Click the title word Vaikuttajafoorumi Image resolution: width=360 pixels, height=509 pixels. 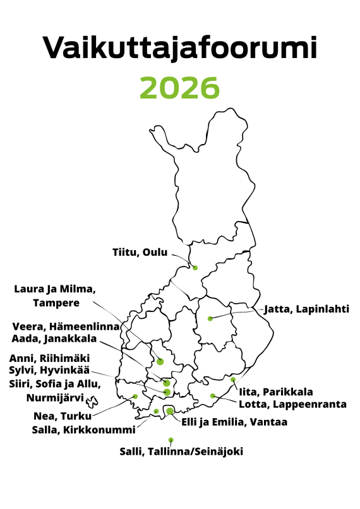tap(180, 48)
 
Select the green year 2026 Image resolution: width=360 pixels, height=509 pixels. tap(180, 88)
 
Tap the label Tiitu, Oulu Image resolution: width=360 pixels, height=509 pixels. tap(140, 253)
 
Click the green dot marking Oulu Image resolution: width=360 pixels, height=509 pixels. tap(195, 268)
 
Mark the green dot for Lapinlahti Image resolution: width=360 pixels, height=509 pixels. tap(210, 318)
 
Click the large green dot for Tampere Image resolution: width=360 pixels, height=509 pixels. tap(160, 361)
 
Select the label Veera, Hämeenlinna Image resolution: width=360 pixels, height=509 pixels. tap(66, 326)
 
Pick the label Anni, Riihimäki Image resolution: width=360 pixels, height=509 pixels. tap(49, 358)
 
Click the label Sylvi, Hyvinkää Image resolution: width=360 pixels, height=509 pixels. tap(49, 370)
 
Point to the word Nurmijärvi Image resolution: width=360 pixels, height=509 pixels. tap(55, 398)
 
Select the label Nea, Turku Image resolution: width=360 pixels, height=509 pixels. tap(62, 416)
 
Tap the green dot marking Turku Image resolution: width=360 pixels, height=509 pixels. tap(135, 397)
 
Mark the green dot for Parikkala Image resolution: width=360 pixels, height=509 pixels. tap(233, 380)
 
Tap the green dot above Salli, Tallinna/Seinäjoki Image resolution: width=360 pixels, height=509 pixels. tap(171, 440)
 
